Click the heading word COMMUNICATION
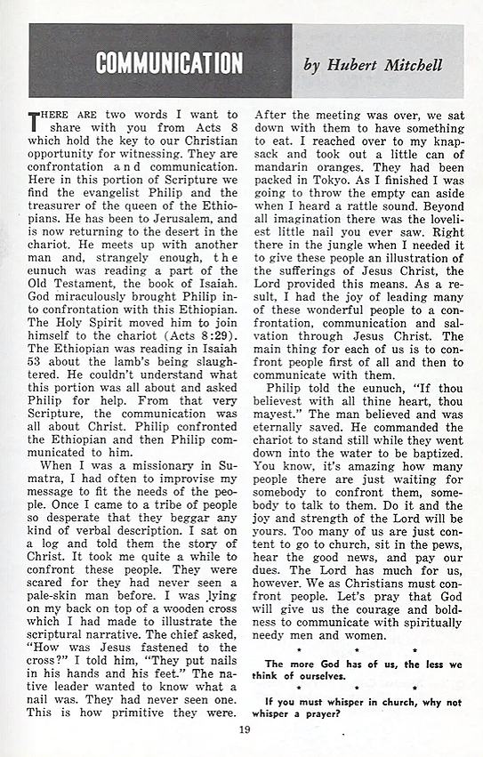tap(169, 63)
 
